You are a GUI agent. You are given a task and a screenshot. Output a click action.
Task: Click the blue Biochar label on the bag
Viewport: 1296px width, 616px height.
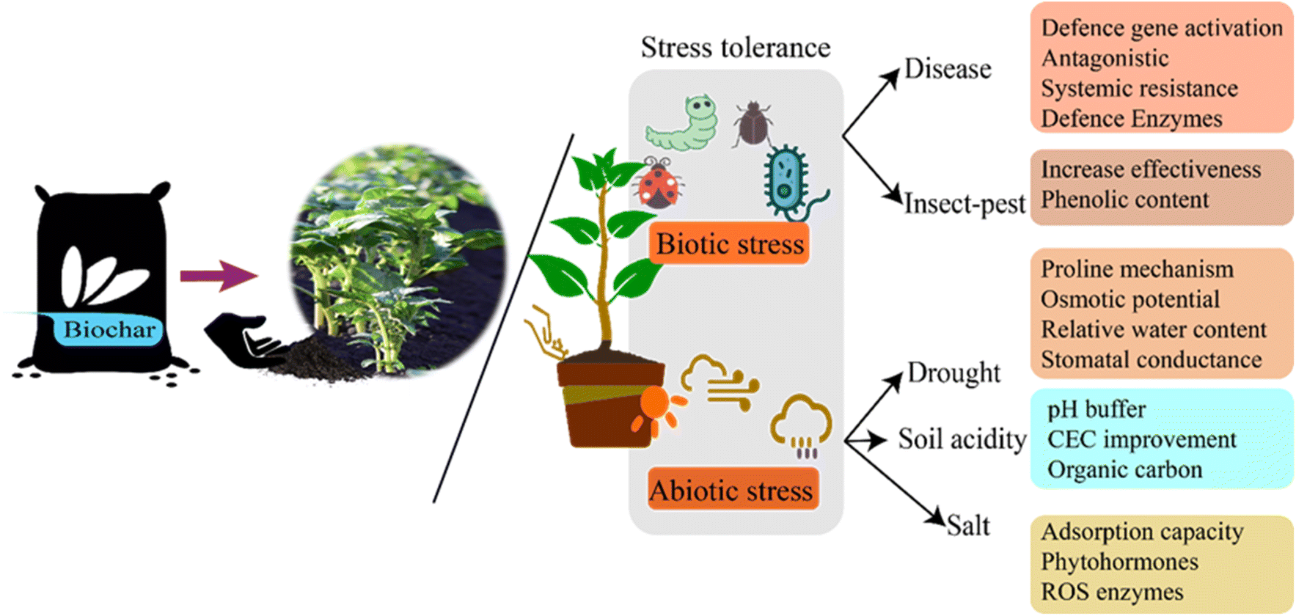[109, 329]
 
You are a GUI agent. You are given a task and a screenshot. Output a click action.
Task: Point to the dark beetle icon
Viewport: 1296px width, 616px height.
[753, 122]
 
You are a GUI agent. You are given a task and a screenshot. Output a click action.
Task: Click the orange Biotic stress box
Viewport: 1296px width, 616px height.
[729, 244]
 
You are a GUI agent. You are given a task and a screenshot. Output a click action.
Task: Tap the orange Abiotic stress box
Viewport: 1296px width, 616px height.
[732, 490]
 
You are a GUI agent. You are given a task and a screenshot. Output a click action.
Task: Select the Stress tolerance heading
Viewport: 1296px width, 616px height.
[735, 48]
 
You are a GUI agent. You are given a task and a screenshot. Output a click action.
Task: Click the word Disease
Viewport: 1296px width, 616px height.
[947, 69]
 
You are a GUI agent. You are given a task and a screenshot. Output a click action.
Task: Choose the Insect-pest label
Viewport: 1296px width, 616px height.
[964, 203]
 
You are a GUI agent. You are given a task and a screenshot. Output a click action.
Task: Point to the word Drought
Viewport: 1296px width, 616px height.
[953, 373]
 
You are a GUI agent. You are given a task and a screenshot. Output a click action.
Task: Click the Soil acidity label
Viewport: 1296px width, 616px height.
[962, 439]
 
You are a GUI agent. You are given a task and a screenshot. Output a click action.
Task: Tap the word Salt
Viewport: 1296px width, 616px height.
[967, 525]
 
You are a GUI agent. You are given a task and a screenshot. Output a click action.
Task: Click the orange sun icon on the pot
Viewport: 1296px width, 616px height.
[655, 410]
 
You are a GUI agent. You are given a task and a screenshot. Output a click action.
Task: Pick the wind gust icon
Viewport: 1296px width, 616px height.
[719, 381]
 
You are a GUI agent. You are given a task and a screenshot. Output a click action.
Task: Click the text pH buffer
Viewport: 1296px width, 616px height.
[1096, 409]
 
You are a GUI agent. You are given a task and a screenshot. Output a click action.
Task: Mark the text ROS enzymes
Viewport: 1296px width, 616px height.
[1112, 592]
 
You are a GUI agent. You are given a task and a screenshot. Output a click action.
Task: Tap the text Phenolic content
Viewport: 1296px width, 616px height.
[1124, 199]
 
